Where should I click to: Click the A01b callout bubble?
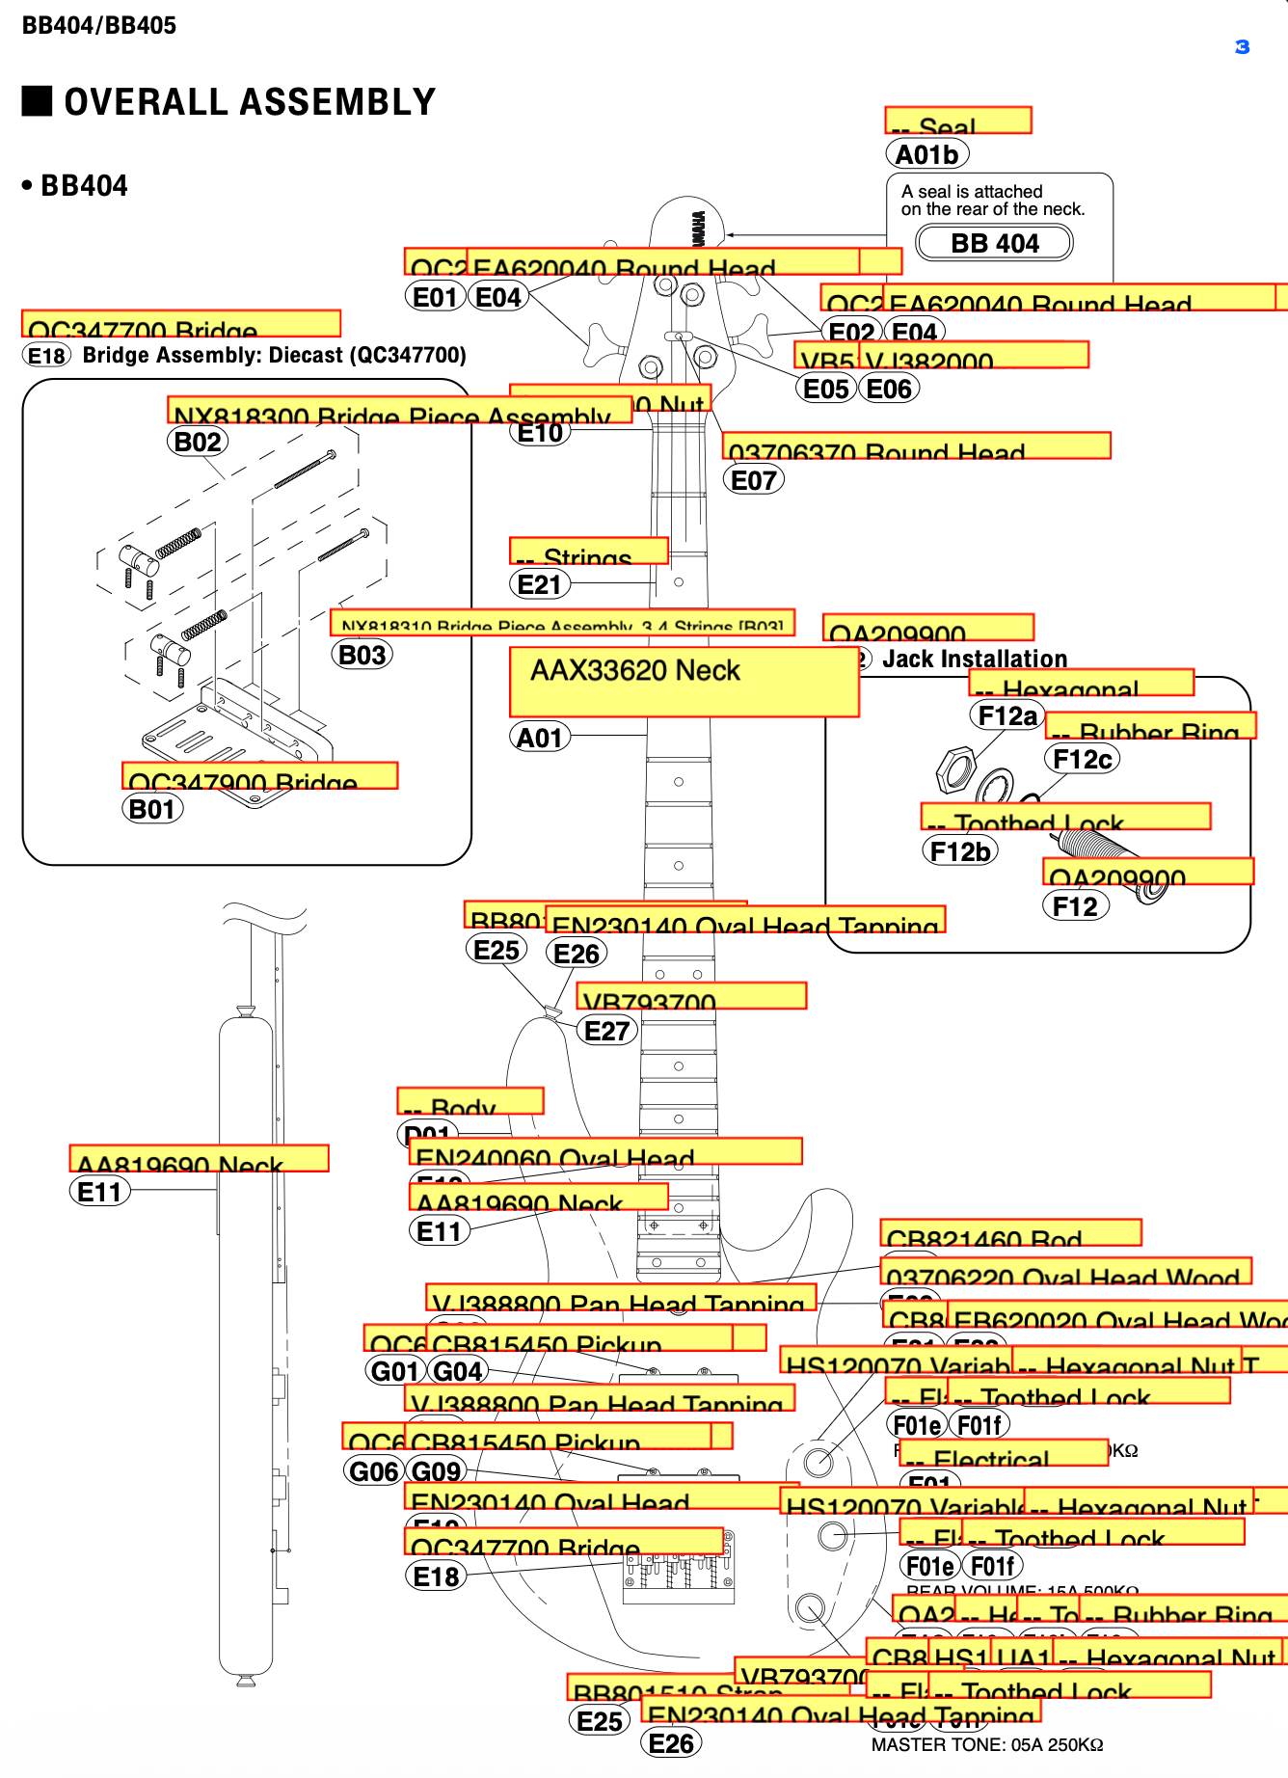pyautogui.click(x=926, y=154)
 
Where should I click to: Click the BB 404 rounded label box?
pyautogui.click(x=994, y=243)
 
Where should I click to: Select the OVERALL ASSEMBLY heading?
pyautogui.click(x=249, y=102)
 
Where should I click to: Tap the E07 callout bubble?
pyautogui.click(x=753, y=480)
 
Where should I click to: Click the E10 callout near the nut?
pyautogui.click(x=540, y=433)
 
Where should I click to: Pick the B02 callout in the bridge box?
pyautogui.click(x=198, y=442)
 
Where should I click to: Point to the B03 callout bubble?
pyautogui.click(x=362, y=655)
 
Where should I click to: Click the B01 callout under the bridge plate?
pyautogui.click(x=151, y=809)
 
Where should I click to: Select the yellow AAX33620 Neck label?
pyautogui.click(x=684, y=682)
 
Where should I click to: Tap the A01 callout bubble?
pyautogui.click(x=539, y=738)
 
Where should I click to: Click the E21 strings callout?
pyautogui.click(x=539, y=584)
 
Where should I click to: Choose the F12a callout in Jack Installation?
pyautogui.click(x=1006, y=715)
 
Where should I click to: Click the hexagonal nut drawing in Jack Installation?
pyautogui.click(x=956, y=769)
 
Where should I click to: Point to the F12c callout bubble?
pyautogui.click(x=1082, y=760)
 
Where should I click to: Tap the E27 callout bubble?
pyautogui.click(x=606, y=1031)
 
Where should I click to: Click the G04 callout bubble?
pyautogui.click(x=458, y=1371)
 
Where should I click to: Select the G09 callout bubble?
pyautogui.click(x=437, y=1471)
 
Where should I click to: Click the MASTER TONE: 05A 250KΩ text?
pyautogui.click(x=986, y=1744)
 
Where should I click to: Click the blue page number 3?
pyautogui.click(x=1242, y=47)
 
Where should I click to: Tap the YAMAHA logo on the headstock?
pyautogui.click(x=696, y=229)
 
